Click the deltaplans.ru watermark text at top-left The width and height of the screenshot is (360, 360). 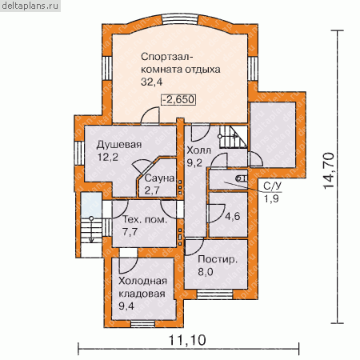point(30,6)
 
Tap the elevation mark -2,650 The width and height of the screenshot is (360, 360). point(178,99)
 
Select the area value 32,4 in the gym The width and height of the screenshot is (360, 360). point(151,82)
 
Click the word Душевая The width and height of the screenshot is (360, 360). point(119,145)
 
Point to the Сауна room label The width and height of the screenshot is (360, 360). point(160,178)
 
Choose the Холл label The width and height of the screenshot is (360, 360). point(198,150)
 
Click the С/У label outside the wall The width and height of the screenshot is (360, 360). point(273,186)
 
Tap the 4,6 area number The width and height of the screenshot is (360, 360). point(233,216)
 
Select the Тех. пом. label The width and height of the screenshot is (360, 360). point(145,219)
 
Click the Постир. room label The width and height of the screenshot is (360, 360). point(218,259)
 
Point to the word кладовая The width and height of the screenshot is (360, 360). point(142,294)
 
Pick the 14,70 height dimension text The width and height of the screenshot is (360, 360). point(329,170)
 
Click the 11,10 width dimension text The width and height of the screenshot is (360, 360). point(187,340)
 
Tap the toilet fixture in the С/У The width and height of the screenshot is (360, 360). point(242,178)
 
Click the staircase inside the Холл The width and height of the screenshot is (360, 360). point(234,137)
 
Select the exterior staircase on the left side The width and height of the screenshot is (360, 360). point(91,230)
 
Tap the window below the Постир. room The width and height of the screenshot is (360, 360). point(215,294)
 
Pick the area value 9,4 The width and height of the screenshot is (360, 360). point(126,306)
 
